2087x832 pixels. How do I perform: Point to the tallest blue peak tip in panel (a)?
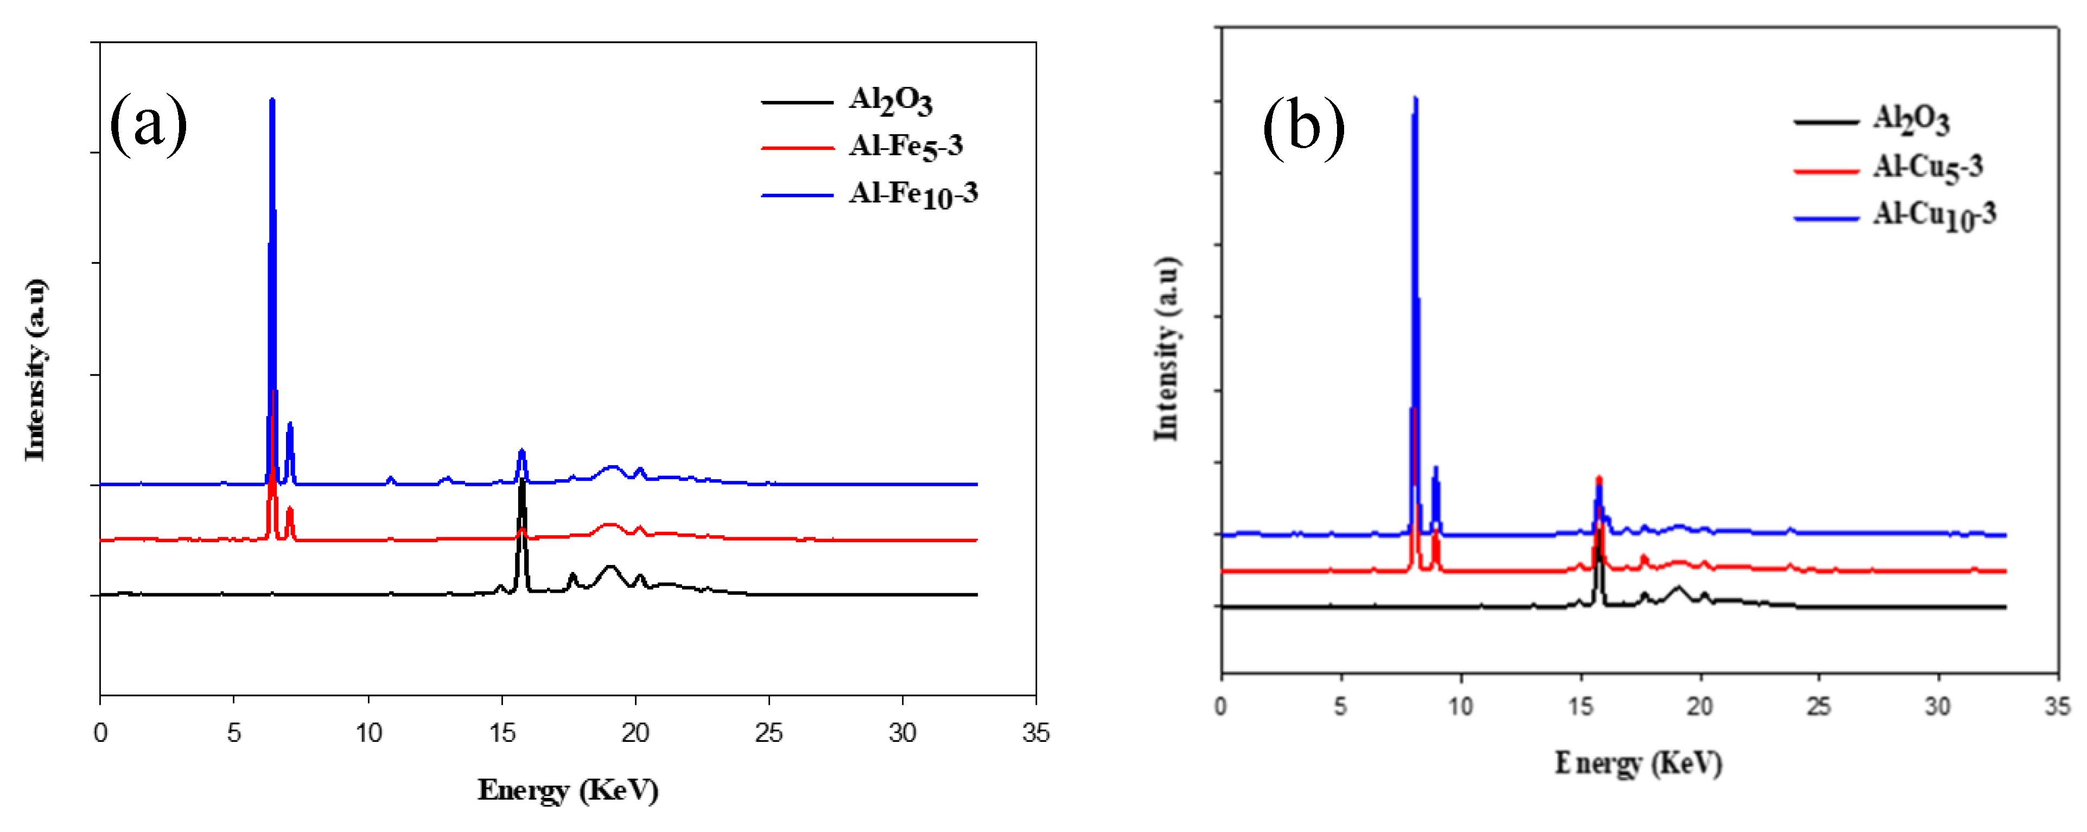(272, 100)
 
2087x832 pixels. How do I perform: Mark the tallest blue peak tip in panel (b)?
(1415, 98)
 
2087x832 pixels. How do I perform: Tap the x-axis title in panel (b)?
(1638, 763)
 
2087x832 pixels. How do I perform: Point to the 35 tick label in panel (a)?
(1035, 733)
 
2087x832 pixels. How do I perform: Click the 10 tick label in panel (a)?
(368, 733)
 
